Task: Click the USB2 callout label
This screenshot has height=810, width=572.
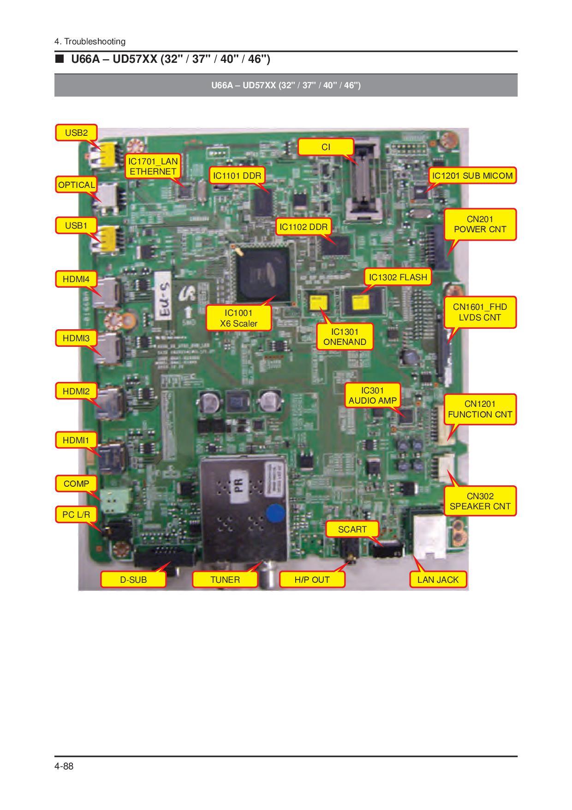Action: tap(76, 133)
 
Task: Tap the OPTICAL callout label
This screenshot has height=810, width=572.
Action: tap(76, 185)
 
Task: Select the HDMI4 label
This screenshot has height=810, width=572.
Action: tap(76, 279)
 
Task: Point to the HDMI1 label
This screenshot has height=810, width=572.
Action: tap(76, 440)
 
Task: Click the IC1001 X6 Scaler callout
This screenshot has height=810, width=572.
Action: tap(238, 318)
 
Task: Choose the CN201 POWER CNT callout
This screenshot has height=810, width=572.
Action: tap(480, 224)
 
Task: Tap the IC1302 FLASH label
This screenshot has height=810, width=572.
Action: tap(398, 278)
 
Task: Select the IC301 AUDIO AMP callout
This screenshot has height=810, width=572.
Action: tap(372, 395)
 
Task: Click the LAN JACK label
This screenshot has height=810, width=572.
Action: tap(438, 580)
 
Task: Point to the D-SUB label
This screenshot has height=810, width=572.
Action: tap(133, 580)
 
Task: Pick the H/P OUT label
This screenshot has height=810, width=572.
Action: tap(312, 580)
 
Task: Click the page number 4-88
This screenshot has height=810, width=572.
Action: tap(64, 767)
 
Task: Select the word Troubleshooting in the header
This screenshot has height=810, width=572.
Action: tap(95, 42)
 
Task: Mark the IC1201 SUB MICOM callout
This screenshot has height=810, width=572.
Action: tap(472, 175)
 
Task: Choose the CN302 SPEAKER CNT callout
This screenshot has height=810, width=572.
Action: tap(480, 501)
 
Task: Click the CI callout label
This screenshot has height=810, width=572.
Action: tap(326, 147)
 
